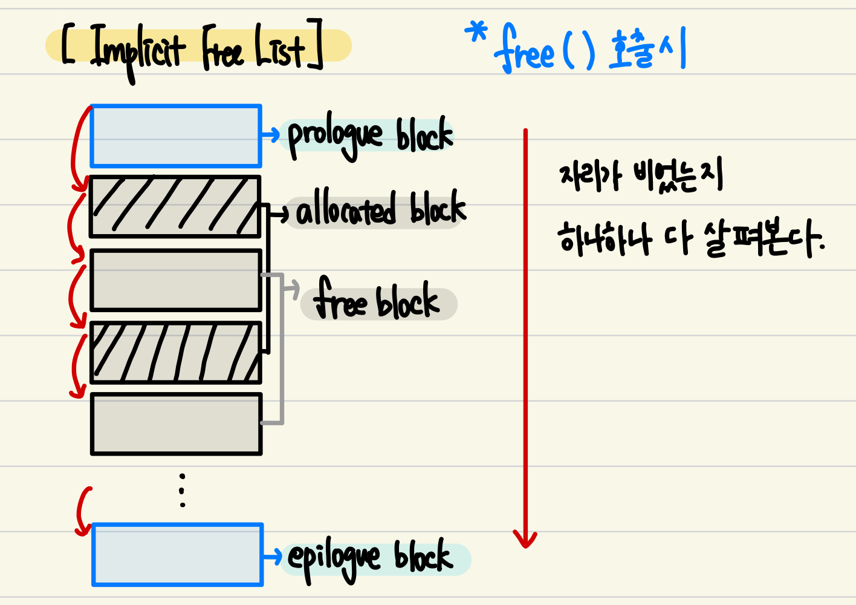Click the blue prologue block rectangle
pos(175,136)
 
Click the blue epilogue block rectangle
pos(177,555)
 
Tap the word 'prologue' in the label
pos(336,136)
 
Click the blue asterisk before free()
pos(477,33)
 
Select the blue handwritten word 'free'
pos(524,51)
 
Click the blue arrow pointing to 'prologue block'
pos(270,134)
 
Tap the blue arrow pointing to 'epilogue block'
pos(273,555)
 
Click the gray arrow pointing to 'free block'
pos(291,289)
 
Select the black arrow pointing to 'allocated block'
pos(279,213)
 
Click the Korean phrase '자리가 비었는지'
pos(641,176)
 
